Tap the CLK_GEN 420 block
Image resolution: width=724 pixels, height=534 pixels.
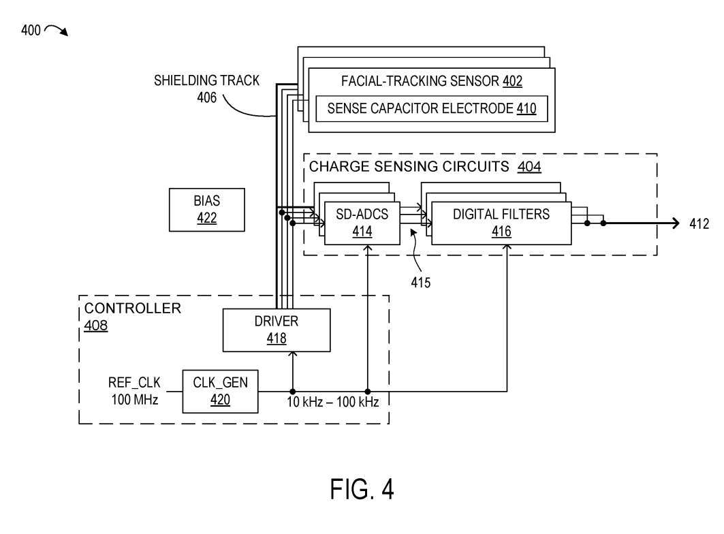(x=220, y=391)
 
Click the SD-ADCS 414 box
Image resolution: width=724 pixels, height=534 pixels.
(x=362, y=223)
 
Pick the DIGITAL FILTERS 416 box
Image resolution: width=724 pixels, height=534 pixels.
(x=501, y=223)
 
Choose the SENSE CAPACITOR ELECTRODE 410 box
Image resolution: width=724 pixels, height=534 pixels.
(x=431, y=108)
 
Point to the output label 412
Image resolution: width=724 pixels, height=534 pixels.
(x=698, y=223)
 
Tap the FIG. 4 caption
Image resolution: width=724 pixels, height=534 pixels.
(x=362, y=489)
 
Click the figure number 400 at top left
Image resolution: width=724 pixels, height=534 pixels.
(x=31, y=30)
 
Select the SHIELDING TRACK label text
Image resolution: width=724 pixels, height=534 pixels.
(x=206, y=80)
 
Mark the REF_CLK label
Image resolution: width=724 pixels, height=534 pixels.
(x=134, y=383)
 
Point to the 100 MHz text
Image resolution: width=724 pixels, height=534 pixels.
(x=135, y=399)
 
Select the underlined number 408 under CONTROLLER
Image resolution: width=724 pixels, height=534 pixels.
(x=95, y=326)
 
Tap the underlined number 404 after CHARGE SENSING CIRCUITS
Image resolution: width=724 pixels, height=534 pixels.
(x=529, y=166)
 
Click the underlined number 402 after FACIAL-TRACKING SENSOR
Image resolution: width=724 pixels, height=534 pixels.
(x=512, y=82)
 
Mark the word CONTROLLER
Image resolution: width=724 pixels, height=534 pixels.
(x=133, y=309)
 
